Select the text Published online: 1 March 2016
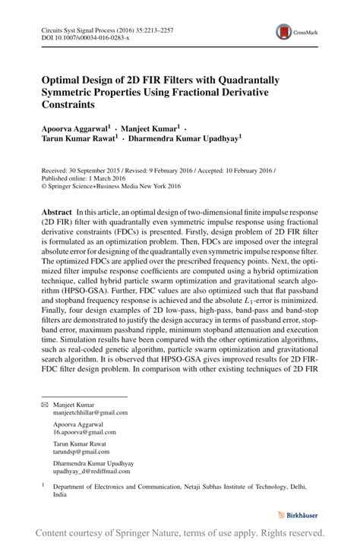[x=82, y=179]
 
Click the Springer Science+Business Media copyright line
[x=110, y=188]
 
